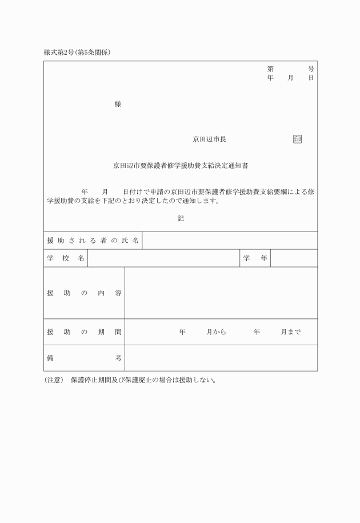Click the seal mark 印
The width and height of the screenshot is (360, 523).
(297, 139)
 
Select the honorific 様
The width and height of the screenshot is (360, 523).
(118, 104)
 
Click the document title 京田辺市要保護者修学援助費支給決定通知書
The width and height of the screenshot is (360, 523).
(181, 166)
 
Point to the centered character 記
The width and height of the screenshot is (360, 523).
(181, 218)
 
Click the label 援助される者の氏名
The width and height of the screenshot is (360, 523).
(93, 241)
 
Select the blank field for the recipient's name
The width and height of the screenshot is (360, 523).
(229, 241)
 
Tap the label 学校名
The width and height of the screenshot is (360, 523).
(66, 258)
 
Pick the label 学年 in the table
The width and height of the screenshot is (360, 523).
(255, 258)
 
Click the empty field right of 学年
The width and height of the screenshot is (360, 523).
(294, 258)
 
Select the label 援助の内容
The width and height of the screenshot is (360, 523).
(84, 293)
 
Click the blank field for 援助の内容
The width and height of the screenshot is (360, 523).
(221, 293)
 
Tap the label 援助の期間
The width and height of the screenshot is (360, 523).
(84, 332)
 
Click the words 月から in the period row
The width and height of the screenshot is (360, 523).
(217, 332)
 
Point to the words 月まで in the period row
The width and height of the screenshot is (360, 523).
(290, 332)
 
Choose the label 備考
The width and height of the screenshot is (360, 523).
(84, 358)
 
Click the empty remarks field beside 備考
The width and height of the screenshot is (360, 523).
(221, 358)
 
